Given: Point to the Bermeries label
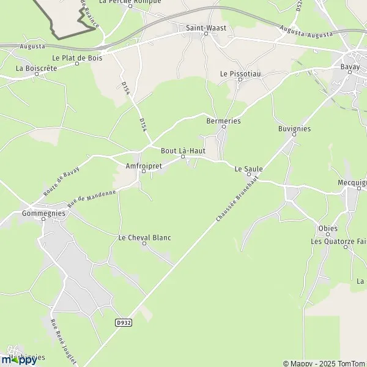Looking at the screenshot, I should (224, 121).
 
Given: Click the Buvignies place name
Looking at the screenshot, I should (294, 129).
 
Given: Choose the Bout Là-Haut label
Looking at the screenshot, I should (182, 150).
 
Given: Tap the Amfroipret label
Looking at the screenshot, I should (143, 165).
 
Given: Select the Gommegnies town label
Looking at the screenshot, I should (43, 213).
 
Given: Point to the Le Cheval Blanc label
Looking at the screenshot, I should (144, 237).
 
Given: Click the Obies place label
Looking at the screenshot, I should (328, 229).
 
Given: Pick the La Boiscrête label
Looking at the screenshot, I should (37, 69).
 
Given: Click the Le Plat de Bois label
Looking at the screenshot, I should (77, 57).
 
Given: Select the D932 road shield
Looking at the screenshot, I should (123, 321).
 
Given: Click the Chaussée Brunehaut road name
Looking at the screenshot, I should (237, 199).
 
